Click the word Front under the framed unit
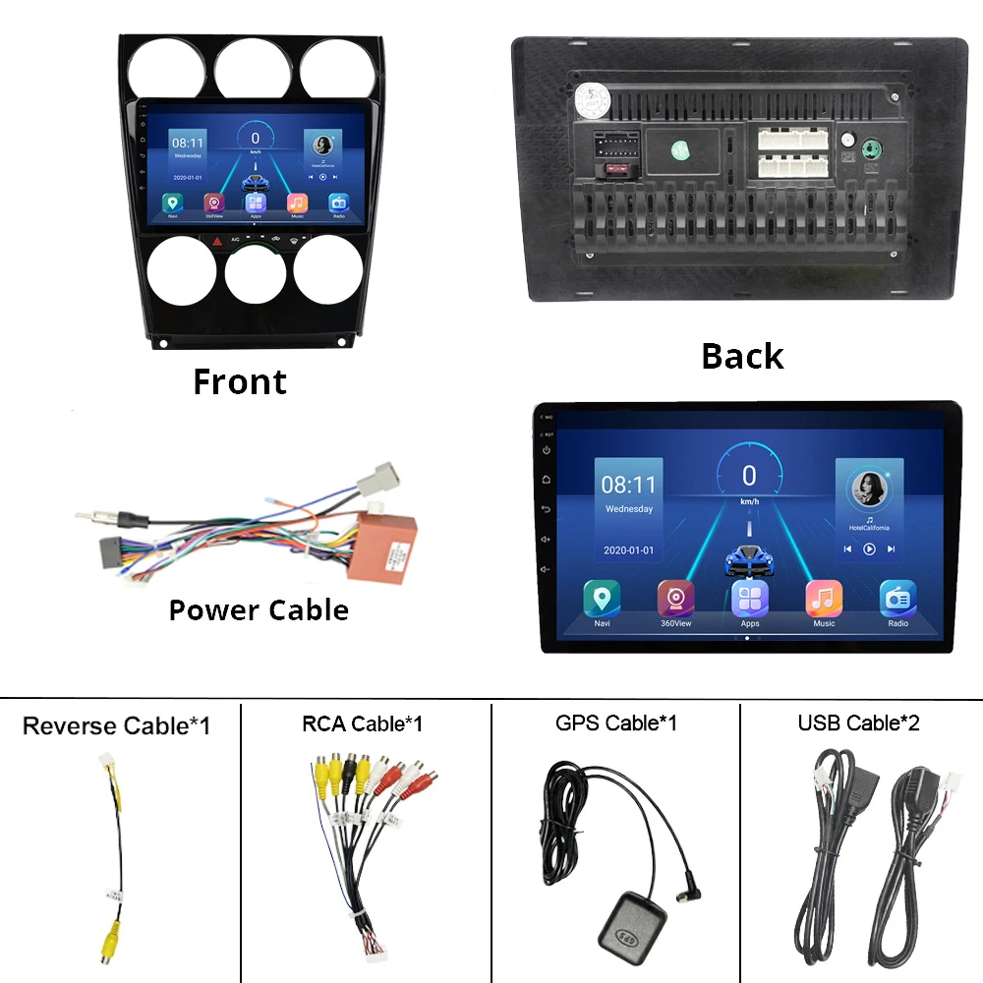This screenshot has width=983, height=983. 240,381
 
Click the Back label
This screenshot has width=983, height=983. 742,356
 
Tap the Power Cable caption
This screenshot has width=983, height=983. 259,609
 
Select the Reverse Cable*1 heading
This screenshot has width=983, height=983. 116,726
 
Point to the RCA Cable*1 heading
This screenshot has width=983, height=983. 362,724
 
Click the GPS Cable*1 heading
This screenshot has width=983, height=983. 616,723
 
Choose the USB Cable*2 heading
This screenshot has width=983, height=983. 859,723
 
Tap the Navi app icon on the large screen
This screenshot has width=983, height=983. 602,599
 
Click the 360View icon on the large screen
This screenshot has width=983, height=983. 675,599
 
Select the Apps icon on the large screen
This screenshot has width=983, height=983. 750,599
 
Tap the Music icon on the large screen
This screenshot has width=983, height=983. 824,599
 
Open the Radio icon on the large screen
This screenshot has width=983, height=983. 897,599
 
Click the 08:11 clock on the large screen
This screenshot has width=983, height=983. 628,485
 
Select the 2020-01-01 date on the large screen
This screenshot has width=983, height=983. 628,549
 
